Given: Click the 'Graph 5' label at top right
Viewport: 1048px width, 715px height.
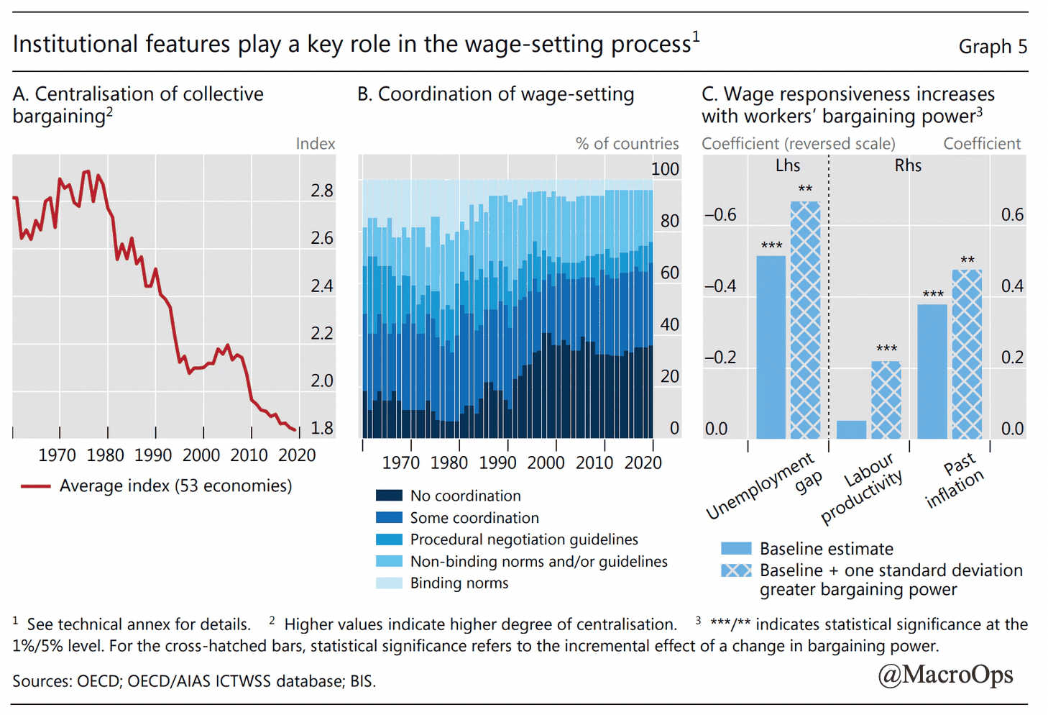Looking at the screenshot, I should pos(993,47).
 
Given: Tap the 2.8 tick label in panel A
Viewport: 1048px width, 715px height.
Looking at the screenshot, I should pos(322,191).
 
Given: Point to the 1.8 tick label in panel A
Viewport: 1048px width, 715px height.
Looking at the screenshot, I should pos(322,428).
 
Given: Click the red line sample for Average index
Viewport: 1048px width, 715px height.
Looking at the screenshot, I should pos(35,486).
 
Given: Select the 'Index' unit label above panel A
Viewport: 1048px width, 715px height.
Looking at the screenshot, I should pos(316,144).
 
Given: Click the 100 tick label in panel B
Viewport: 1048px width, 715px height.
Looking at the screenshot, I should pos(665,169).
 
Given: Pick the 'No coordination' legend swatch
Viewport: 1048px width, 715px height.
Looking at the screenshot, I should pos(389,496).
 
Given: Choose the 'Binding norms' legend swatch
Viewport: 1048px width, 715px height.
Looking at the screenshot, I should pos(389,583).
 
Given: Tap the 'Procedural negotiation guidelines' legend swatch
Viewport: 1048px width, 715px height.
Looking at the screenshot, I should pos(389,539).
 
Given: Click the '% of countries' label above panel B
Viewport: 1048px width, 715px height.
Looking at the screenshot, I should pos(627,144).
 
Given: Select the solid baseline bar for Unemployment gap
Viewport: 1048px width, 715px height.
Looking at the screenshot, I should pos(771,347).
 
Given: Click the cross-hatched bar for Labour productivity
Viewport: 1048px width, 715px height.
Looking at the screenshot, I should pos(886,400).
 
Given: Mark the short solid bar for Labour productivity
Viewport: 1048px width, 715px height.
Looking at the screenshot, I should pos(852,429).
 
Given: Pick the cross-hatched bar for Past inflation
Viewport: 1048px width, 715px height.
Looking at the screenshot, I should pos(967,355).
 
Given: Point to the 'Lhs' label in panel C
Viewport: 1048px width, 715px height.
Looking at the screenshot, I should pos(788,165).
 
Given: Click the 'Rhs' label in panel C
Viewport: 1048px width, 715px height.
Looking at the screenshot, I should pos(908,165).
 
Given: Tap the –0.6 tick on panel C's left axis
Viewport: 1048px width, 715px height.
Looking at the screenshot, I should pos(720,214).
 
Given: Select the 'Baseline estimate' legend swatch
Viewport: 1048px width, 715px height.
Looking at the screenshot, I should pos(736,549).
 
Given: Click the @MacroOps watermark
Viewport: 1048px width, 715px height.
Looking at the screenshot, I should pos(945,674).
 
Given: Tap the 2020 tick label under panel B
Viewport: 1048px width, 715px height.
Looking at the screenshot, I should pos(643,463).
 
